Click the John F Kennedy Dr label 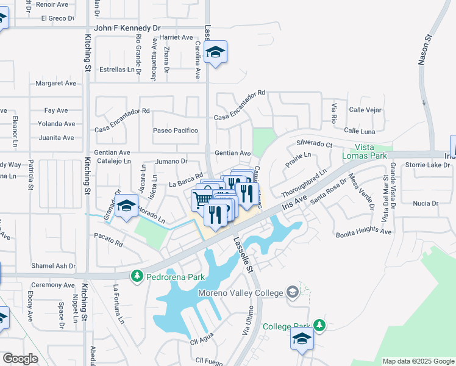[x=127, y=28]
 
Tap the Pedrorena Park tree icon [x=137, y=277]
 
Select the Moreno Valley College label [x=242, y=293]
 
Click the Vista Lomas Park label [x=371, y=151]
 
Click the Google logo [x=20, y=358]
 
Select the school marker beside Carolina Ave [x=215, y=52]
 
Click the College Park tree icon [x=319, y=325]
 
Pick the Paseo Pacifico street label [x=176, y=131]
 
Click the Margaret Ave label [x=55, y=83]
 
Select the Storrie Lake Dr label [x=426, y=165]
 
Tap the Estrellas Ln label [x=117, y=70]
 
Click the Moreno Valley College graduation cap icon [x=293, y=292]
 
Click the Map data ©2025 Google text [x=418, y=361]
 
